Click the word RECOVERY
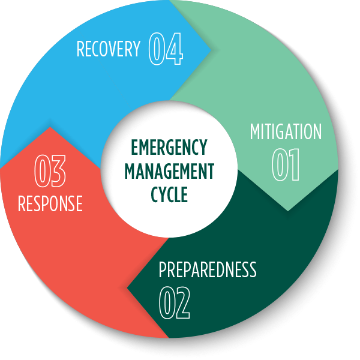[x=108, y=49]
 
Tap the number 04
[x=166, y=49]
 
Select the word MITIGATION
[x=286, y=132]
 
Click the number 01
[x=286, y=165]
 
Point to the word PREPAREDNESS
[x=208, y=270]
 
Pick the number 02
[x=174, y=303]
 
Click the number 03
[x=50, y=171]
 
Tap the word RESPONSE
[x=50, y=203]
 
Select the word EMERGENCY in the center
[x=169, y=148]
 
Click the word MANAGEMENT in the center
[x=169, y=171]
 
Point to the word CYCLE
[x=169, y=195]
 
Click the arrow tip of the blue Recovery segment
[x=211, y=51]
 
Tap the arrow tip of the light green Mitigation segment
[x=288, y=211]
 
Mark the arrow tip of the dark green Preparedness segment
[x=127, y=287]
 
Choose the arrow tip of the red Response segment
[x=50, y=127]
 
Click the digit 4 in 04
[x=175, y=49]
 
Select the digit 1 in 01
[x=294, y=165]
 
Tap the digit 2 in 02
[x=182, y=303]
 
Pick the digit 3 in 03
[x=58, y=171]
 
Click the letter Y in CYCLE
[x=162, y=195]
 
